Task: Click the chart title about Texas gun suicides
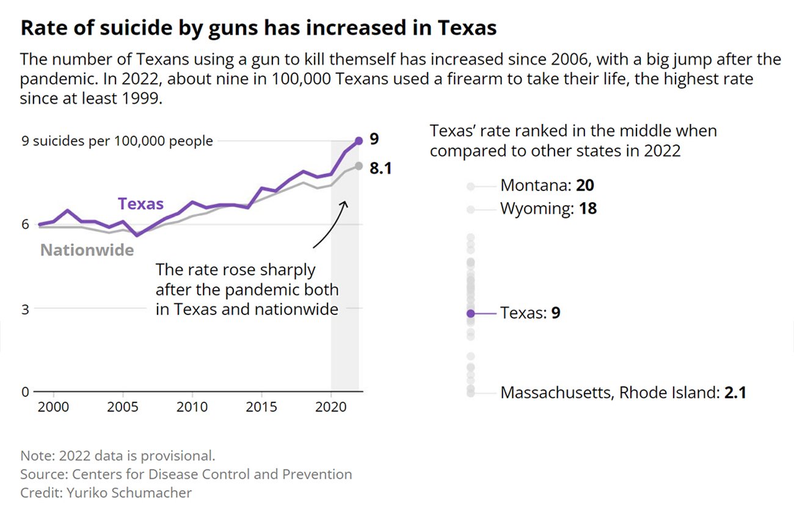coord(258,29)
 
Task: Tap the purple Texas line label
coord(140,204)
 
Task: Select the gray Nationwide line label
coord(87,250)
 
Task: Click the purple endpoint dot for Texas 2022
coord(359,141)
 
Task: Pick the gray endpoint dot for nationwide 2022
coord(359,165)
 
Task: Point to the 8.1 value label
coord(380,168)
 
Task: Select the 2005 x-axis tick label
coord(123,407)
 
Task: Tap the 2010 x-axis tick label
coord(192,407)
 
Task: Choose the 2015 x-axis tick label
coord(261,407)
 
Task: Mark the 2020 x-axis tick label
coord(331,407)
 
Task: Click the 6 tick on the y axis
coord(25,225)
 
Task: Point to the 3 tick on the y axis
coord(25,308)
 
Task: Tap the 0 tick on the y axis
coord(25,392)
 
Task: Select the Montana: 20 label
coord(547,186)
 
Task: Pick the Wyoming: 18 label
coord(548,209)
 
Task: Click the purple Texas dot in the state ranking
coord(470,313)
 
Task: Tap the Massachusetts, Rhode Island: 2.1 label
coord(623,393)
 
